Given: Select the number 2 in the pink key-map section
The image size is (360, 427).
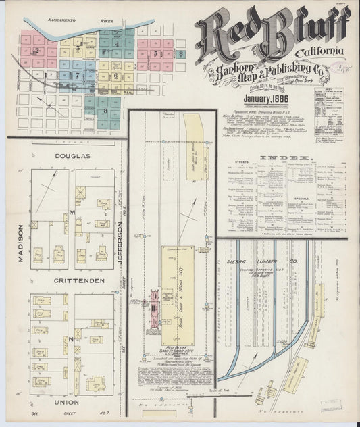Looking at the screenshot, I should pyautogui.click(x=35, y=50).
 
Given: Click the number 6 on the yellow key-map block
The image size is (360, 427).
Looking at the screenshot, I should pyautogui.click(x=115, y=76).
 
